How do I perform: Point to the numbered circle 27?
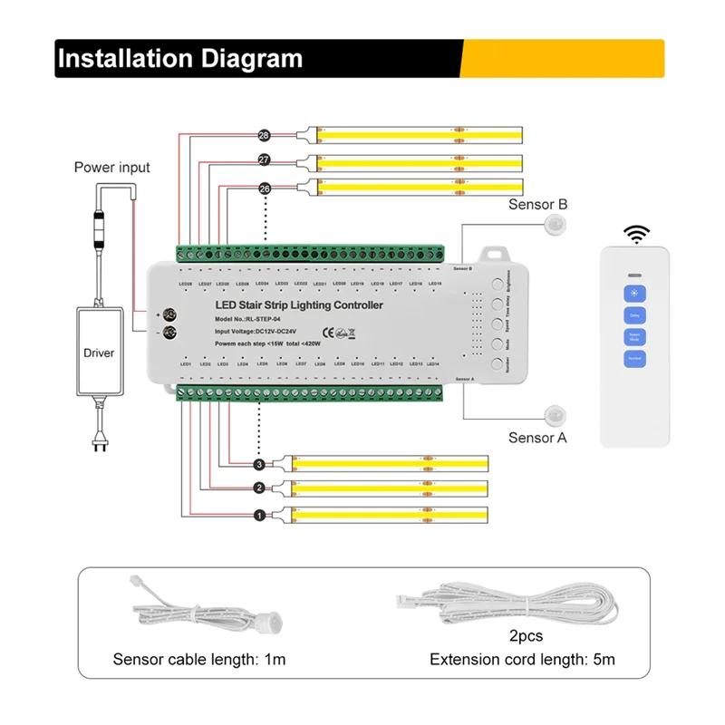(x=265, y=160)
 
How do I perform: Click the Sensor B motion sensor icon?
(x=553, y=227)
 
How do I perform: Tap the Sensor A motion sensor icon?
(x=553, y=416)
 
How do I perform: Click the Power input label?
(x=112, y=168)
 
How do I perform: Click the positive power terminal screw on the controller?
(x=169, y=314)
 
